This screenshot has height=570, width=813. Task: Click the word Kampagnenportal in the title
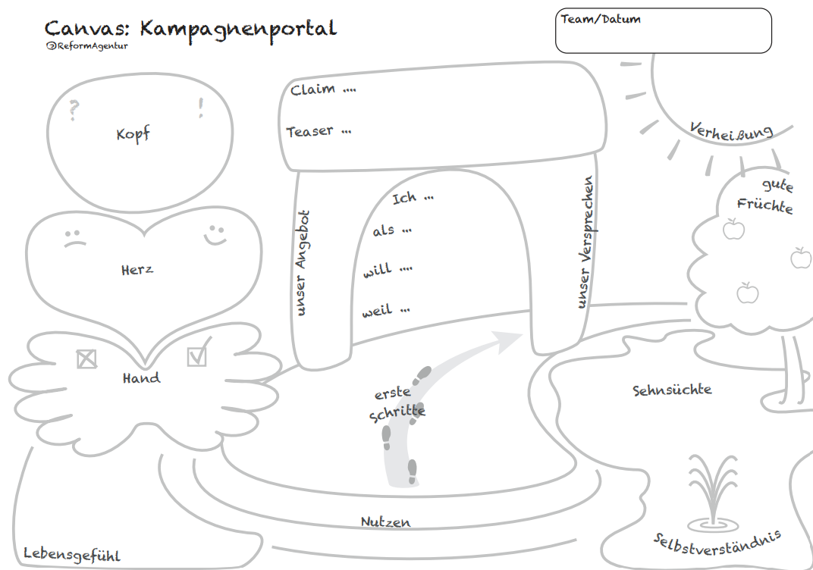238,30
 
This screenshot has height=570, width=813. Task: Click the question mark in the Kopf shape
74,111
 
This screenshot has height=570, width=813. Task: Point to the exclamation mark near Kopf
201,108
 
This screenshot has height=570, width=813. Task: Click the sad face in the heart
74,237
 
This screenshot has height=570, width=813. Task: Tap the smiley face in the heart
215,233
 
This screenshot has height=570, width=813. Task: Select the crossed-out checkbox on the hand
87,359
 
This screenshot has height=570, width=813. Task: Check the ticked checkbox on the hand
197,355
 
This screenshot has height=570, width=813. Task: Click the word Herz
137,269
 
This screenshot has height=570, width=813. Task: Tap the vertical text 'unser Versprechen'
585,243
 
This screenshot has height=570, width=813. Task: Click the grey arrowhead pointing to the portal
507,341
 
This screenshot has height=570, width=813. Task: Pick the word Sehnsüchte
672,390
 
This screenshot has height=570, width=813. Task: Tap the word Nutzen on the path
385,522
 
